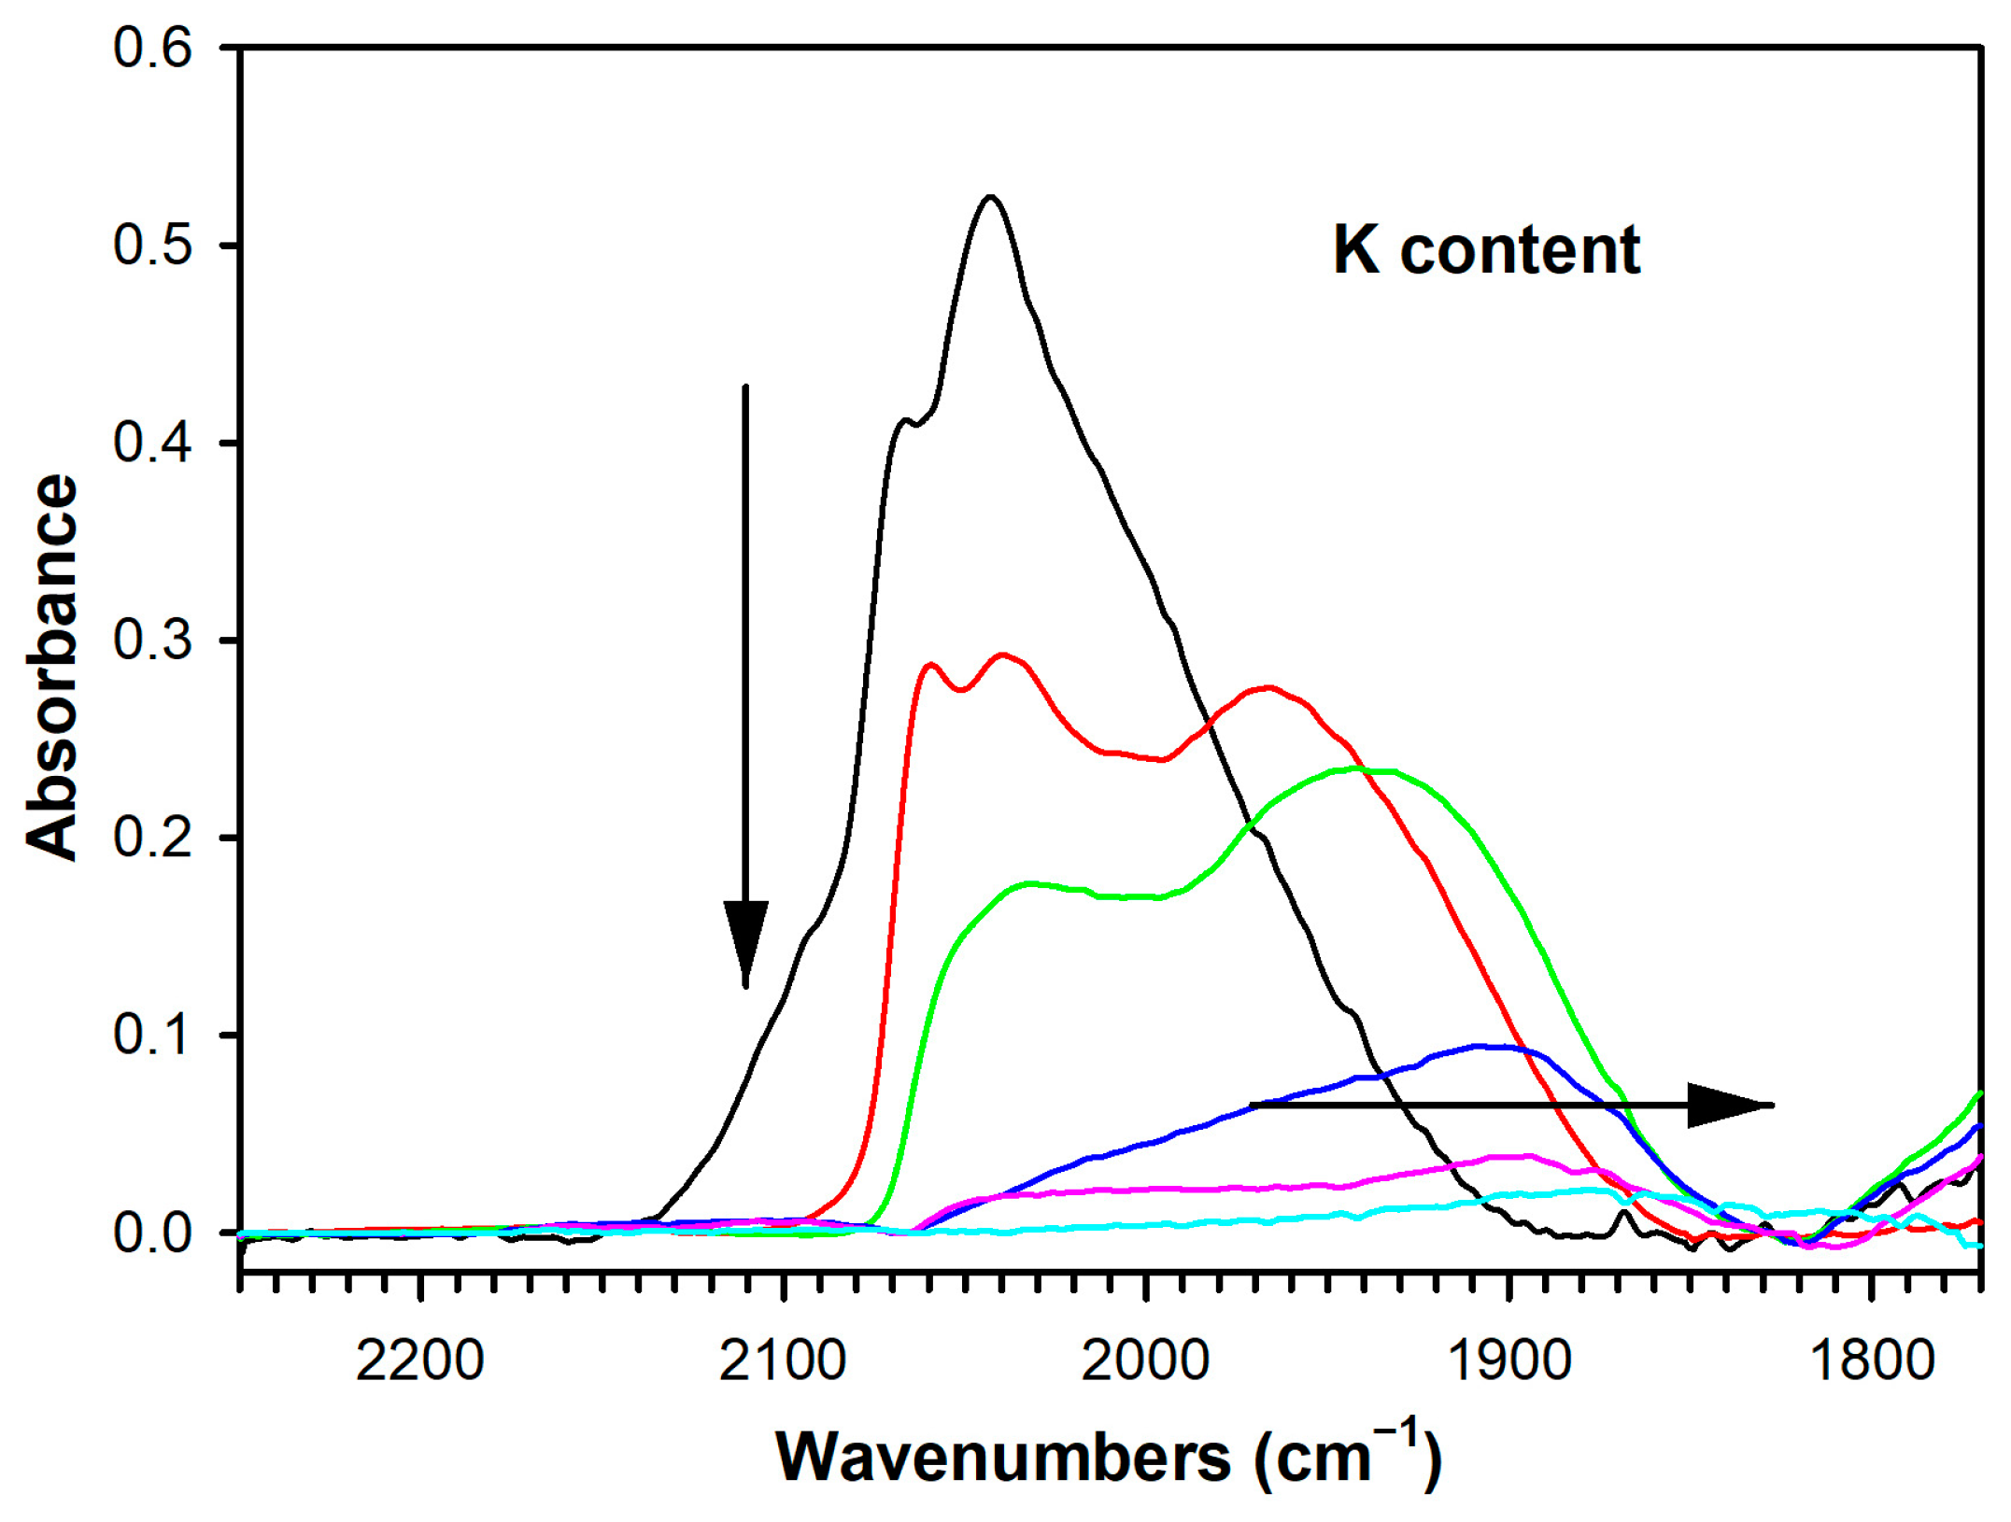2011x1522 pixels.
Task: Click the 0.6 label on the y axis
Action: (x=152, y=48)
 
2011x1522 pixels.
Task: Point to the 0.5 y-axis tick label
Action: (x=152, y=246)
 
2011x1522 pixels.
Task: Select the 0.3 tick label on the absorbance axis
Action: (x=152, y=641)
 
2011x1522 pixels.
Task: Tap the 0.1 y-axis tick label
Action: (x=152, y=1035)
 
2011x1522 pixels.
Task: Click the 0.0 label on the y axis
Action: (x=152, y=1233)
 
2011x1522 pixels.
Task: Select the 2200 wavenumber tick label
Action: (x=420, y=1360)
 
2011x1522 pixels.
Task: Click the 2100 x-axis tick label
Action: (x=783, y=1360)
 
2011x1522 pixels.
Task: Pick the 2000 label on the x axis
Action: (x=1145, y=1360)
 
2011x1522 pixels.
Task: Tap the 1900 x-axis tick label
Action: (x=1508, y=1360)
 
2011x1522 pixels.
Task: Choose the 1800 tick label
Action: (x=1871, y=1360)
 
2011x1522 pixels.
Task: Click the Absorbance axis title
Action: (x=52, y=667)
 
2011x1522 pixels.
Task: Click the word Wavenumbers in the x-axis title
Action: (x=1003, y=1458)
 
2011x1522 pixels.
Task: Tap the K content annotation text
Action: (x=1486, y=250)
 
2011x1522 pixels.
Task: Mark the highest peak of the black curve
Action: (x=990, y=197)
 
